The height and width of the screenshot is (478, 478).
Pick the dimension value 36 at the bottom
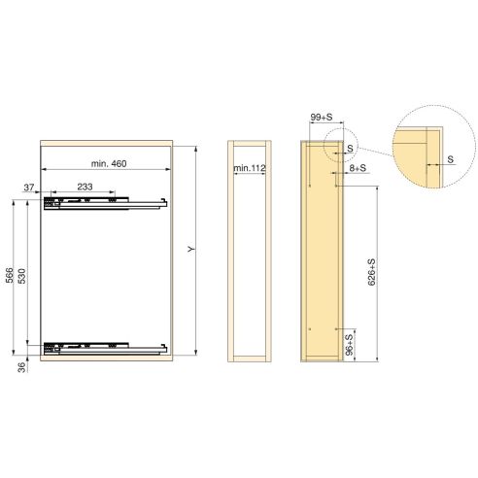pos(20,366)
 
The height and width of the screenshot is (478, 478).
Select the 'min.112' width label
pos(250,169)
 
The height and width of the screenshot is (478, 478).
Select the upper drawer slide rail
pos(107,204)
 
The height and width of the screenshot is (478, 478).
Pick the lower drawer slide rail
pos(107,345)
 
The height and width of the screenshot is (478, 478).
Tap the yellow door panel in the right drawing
pos(320,252)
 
